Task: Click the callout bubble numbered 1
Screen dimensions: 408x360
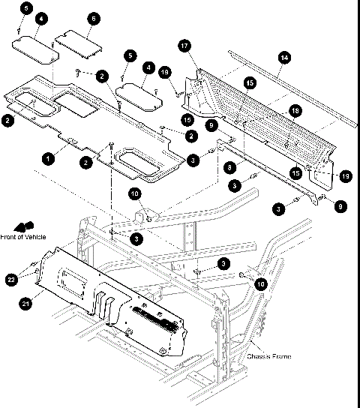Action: point(49,158)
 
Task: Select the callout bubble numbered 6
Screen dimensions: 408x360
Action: point(93,17)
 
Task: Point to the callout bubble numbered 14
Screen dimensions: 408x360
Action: point(283,58)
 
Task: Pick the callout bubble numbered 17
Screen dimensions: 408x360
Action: point(184,46)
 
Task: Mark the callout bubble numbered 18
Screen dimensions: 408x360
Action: point(295,111)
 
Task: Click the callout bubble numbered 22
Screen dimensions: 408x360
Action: point(10,279)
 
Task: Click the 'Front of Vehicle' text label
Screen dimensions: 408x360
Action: point(23,237)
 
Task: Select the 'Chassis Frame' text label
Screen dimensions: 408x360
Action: point(268,356)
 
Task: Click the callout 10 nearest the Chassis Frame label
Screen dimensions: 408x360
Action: point(260,284)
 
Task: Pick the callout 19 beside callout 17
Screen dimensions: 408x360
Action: point(166,72)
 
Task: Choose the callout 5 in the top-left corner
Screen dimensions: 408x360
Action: point(26,7)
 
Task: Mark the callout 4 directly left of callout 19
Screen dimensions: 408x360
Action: point(148,67)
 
